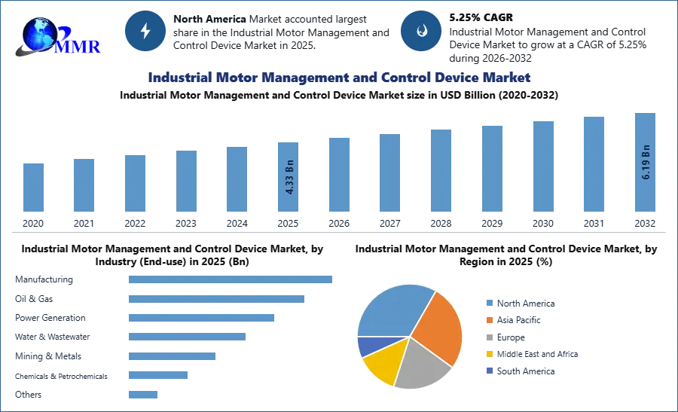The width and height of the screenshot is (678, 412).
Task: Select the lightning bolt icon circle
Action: point(145,31)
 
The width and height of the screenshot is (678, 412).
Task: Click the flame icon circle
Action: point(421,31)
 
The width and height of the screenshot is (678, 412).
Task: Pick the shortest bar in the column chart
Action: point(33,188)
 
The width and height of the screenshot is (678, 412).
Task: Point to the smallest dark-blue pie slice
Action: point(366,346)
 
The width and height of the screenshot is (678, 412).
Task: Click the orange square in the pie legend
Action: point(489,319)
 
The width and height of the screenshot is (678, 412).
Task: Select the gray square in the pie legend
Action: point(489,337)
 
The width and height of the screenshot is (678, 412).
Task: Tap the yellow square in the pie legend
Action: point(489,355)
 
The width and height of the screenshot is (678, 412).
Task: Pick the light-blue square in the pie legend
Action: point(489,302)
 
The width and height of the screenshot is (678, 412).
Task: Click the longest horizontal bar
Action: point(231,278)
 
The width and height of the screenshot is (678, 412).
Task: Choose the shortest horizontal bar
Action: point(144,393)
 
